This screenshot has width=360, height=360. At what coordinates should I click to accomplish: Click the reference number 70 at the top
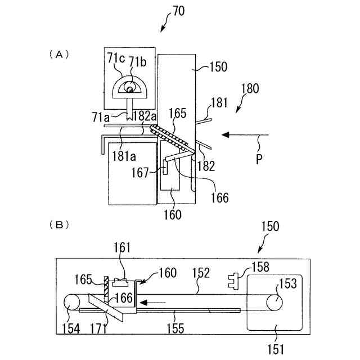pos(178,11)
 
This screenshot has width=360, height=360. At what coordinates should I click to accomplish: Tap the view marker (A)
pos(59,55)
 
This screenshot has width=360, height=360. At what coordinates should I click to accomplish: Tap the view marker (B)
pos(59,225)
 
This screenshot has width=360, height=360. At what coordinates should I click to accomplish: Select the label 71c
pos(116,58)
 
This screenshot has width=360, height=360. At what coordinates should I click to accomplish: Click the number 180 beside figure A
pos(250,88)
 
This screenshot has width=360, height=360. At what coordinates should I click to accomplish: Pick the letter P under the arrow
pos(259,159)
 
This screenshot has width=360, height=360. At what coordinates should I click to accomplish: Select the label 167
pos(140,173)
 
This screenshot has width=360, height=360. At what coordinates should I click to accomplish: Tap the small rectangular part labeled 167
pos(165,167)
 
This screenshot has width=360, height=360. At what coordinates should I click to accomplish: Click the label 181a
pos(124,156)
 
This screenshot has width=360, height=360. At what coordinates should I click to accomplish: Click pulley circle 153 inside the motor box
pos(274,302)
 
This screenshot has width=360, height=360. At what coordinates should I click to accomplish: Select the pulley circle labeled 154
pos(72,303)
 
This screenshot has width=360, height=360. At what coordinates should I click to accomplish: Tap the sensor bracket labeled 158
pos(233,281)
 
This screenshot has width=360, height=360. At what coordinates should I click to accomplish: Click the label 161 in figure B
pos(122,247)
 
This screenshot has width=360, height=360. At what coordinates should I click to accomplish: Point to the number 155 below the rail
pos(175,328)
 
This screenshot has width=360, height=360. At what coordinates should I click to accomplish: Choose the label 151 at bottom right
pos(276,349)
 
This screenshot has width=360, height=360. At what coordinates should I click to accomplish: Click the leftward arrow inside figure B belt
pos(152,303)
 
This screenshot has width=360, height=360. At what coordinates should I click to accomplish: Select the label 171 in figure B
pos(98,328)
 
